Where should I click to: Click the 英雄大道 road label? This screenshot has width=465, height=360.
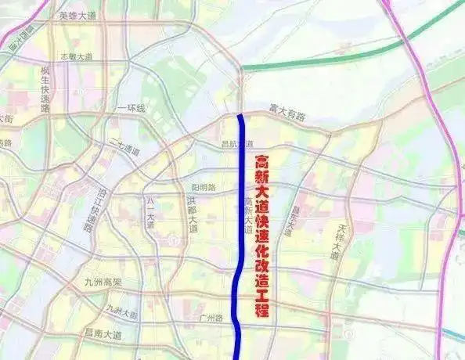pos(77,16)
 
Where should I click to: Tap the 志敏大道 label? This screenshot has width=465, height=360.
pos(78,57)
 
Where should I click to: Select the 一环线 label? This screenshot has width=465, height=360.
pos(132,108)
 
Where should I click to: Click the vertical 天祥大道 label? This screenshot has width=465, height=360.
pos(341,241)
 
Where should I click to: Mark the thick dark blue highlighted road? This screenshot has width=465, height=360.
pos(241,196)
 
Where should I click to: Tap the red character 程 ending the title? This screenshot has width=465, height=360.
pos(261,309)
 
